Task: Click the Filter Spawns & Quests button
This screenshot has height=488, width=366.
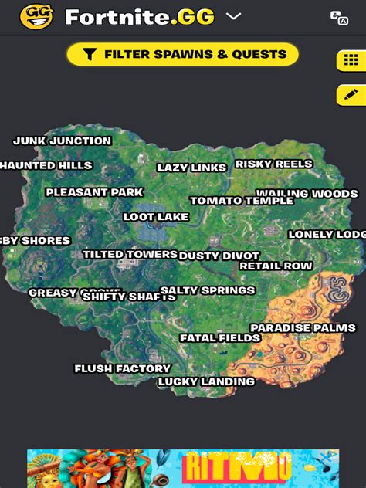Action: (183, 54)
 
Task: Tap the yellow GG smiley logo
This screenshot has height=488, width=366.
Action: (36, 16)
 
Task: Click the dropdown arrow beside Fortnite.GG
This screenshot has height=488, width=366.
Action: (233, 16)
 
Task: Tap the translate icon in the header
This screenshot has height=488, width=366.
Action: (339, 17)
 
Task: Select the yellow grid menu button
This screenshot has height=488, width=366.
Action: (351, 60)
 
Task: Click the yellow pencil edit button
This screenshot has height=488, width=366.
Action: (351, 94)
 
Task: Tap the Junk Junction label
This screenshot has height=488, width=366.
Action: (63, 141)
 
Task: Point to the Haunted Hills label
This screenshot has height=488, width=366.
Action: (46, 165)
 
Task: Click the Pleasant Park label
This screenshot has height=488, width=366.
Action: (94, 192)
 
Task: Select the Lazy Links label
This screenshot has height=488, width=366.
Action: (191, 168)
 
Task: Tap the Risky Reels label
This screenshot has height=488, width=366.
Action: (274, 164)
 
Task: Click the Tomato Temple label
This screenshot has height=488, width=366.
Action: (242, 201)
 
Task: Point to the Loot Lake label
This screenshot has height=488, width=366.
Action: (156, 217)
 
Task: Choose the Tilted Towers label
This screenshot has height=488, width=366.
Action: (130, 254)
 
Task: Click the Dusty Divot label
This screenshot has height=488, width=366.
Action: (219, 256)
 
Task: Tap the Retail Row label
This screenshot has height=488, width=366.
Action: (276, 266)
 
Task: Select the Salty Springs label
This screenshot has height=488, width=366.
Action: (208, 290)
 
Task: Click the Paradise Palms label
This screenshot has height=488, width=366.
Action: (303, 328)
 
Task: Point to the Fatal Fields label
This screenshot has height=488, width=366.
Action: (220, 338)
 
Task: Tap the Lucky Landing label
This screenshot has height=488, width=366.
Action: (206, 381)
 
